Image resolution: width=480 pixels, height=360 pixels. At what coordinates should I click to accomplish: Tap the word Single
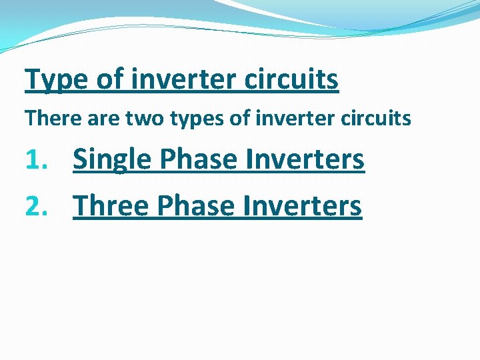tap(112, 161)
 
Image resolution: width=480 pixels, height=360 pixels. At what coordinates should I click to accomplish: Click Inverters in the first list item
tap(305, 159)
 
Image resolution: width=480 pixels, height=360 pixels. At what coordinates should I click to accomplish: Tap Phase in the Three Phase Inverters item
tap(196, 206)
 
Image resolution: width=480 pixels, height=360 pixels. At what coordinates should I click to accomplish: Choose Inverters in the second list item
tap(302, 206)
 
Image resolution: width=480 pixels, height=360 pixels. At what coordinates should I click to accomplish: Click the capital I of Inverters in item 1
tap(249, 159)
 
